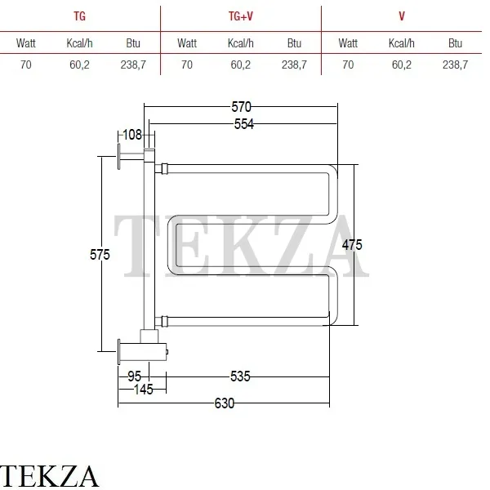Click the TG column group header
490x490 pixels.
80,16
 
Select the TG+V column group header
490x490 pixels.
241,16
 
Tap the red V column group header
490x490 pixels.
402,16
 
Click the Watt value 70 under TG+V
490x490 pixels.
187,65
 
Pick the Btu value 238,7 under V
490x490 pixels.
456,65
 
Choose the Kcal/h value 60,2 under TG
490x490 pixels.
79,65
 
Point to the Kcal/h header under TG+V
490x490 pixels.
241,43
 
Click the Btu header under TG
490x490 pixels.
133,43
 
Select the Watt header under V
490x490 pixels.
348,43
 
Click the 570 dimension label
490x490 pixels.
241,107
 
